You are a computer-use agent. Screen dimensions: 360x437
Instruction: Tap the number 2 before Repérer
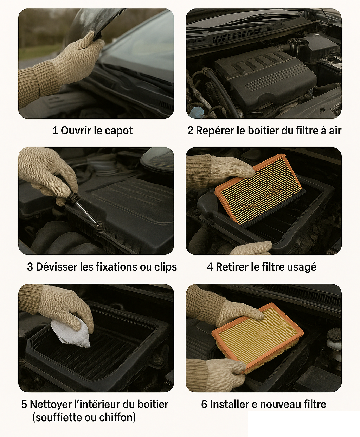[x=190, y=131]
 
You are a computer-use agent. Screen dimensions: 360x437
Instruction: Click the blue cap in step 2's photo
[x=195, y=112]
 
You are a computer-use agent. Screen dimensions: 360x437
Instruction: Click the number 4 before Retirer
[x=210, y=267]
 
